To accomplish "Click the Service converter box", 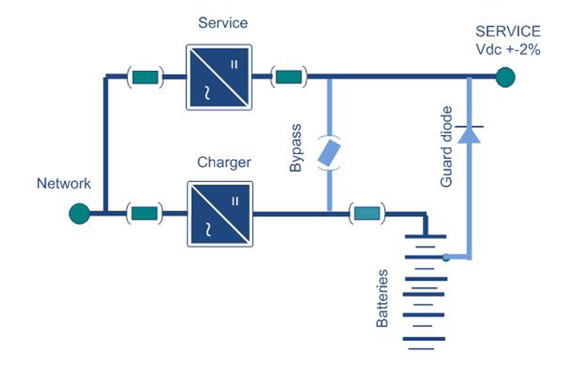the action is [219, 77].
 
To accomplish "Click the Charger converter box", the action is [220, 214].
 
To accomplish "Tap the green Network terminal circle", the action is [80, 214].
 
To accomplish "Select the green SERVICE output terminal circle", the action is [505, 77].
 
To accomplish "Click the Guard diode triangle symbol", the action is [469, 135].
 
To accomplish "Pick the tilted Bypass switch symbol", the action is [329, 153].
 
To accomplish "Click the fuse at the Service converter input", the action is [145, 77].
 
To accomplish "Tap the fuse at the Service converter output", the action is [289, 77].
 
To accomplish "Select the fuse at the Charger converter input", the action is [144, 214].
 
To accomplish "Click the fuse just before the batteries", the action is [367, 214].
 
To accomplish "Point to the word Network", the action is [64, 184].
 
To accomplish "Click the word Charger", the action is [224, 162].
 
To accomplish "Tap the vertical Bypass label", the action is [295, 147].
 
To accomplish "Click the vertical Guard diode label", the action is [446, 147].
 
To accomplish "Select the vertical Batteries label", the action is [382, 298].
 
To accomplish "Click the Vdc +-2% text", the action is [508, 50].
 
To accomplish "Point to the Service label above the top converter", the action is [223, 23].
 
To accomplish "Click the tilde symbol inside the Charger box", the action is [208, 229].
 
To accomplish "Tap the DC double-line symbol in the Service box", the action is [234, 65].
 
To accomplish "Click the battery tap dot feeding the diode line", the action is [446, 258].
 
